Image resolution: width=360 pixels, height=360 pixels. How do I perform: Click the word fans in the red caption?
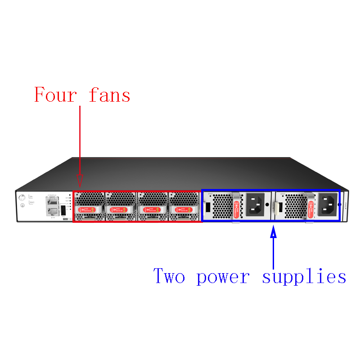point(109,95)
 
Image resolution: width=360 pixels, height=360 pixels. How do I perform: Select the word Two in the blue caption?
point(169,275)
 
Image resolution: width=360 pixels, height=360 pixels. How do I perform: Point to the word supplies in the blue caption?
point(304,276)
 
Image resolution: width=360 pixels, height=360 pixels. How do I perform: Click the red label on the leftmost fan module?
point(89,209)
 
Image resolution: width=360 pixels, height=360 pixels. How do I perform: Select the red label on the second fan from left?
point(120,209)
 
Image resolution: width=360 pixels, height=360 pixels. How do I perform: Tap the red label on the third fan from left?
point(152,209)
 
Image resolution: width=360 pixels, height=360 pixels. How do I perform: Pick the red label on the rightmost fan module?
point(184,209)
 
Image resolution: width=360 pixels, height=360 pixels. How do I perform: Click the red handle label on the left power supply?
point(237,207)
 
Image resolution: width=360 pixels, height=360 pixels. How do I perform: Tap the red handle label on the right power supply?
point(310,207)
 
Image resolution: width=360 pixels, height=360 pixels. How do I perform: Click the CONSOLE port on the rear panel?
point(52,201)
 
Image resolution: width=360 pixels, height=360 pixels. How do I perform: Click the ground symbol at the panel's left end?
point(22,206)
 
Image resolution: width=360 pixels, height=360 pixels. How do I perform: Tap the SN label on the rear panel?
point(31,197)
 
